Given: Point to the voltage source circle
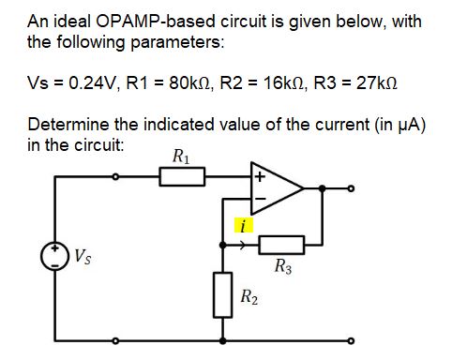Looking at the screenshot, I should pyautogui.click(x=57, y=256).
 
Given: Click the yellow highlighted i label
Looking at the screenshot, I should pyautogui.click(x=243, y=226).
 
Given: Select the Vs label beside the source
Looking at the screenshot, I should pyautogui.click(x=83, y=252).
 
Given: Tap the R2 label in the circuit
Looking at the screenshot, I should pyautogui.click(x=249, y=299).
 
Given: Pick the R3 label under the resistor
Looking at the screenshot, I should pyautogui.click(x=284, y=268).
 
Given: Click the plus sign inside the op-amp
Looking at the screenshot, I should pyautogui.click(x=260, y=174).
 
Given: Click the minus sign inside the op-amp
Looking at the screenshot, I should pyautogui.click(x=260, y=199).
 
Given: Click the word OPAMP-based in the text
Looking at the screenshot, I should pyautogui.click(x=136, y=22).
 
